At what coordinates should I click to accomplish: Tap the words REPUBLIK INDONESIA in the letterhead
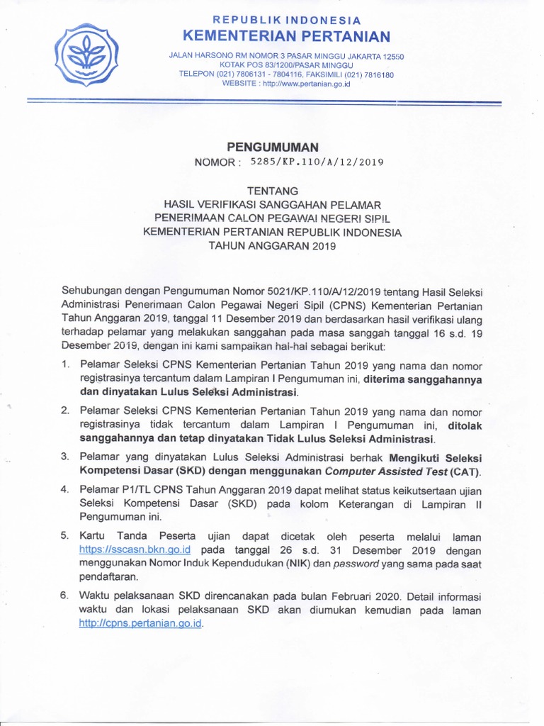pyautogui.click(x=287, y=21)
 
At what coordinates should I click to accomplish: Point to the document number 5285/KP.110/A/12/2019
pyautogui.click(x=317, y=162)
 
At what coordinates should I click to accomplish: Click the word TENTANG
pyautogui.click(x=272, y=190)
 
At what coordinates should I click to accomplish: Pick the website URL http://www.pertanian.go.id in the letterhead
pyautogui.click(x=306, y=84)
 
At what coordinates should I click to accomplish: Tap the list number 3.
pyautogui.click(x=64, y=457)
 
